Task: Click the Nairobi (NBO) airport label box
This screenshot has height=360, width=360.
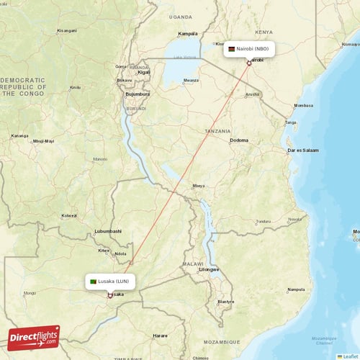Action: [x=249, y=49]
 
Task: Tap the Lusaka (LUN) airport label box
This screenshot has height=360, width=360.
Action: [x=109, y=281]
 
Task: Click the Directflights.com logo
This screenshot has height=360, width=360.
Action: [x=34, y=336]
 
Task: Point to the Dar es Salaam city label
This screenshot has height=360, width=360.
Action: [x=302, y=150]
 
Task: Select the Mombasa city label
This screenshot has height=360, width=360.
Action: [x=304, y=106]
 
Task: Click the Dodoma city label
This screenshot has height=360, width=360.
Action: [x=239, y=140]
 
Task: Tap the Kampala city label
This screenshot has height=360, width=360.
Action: [x=188, y=33]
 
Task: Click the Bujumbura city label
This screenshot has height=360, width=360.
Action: [x=137, y=94]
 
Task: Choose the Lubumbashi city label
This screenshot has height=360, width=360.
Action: [x=108, y=231]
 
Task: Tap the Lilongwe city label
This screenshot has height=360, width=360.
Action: [x=209, y=269]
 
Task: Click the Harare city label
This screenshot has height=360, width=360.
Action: [x=161, y=336]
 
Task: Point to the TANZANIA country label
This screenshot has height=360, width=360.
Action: [x=217, y=132]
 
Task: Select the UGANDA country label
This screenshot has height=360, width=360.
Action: [x=181, y=16]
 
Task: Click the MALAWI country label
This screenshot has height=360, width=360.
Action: [x=194, y=264]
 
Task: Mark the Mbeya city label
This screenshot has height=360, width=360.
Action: [x=198, y=186]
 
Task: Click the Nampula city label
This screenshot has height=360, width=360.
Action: [x=296, y=289]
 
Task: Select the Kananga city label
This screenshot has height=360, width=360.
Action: [x=19, y=135]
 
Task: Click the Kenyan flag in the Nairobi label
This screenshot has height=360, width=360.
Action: [x=231, y=49]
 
